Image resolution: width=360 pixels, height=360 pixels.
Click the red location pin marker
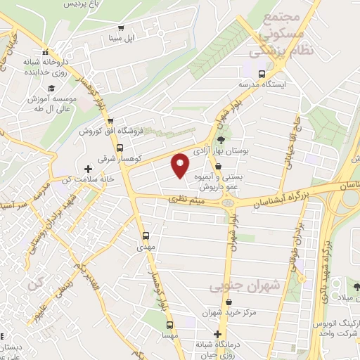(x=180, y=165)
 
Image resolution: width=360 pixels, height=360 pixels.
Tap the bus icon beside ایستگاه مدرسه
(x=262, y=74)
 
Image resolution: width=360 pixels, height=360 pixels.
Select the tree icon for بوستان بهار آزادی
(x=220, y=141)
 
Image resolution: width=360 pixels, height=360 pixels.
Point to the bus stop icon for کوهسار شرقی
(x=120, y=148)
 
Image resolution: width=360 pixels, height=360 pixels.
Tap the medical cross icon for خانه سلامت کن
(x=88, y=169)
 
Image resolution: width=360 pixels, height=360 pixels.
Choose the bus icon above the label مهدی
(x=146, y=236)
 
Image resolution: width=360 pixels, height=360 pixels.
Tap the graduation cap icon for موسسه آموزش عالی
(x=51, y=89)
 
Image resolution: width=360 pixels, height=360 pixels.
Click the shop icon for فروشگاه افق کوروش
(x=112, y=120)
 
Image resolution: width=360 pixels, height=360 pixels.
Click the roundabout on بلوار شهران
(x=227, y=202)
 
